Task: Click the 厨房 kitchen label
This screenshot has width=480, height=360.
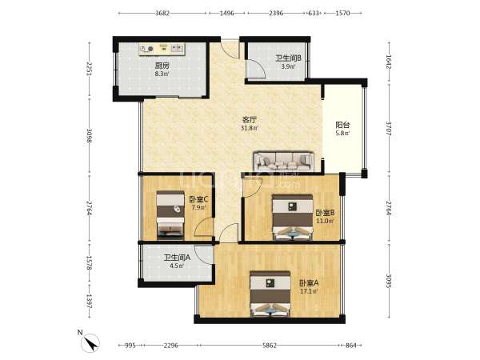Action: [x=162, y=66]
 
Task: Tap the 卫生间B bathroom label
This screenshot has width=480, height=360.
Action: [x=288, y=58]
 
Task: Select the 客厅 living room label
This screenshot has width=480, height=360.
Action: [x=250, y=120]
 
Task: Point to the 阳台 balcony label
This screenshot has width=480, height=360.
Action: [x=342, y=125]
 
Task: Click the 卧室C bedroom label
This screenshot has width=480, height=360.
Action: [x=198, y=199]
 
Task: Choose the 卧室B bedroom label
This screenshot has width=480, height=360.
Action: [x=325, y=213]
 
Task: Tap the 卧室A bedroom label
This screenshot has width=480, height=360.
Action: [x=309, y=283]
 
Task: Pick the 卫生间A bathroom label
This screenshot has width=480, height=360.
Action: [x=177, y=258]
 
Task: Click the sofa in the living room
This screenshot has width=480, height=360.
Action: [x=284, y=162]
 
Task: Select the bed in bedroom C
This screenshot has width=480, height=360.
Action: [x=170, y=215]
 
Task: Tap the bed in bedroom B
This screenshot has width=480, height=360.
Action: [x=293, y=218]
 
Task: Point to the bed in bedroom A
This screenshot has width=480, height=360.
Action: [x=270, y=294]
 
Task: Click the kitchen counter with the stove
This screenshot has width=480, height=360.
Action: [x=162, y=50]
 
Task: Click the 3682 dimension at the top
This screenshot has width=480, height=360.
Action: [x=162, y=13]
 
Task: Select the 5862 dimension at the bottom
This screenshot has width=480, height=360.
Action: [x=270, y=346]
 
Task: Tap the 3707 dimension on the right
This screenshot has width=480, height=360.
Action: [x=389, y=129]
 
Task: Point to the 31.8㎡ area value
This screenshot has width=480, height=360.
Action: [x=250, y=128]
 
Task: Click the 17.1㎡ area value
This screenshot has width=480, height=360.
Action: [x=309, y=291]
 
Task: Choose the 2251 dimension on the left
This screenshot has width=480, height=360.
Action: [x=89, y=69]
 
